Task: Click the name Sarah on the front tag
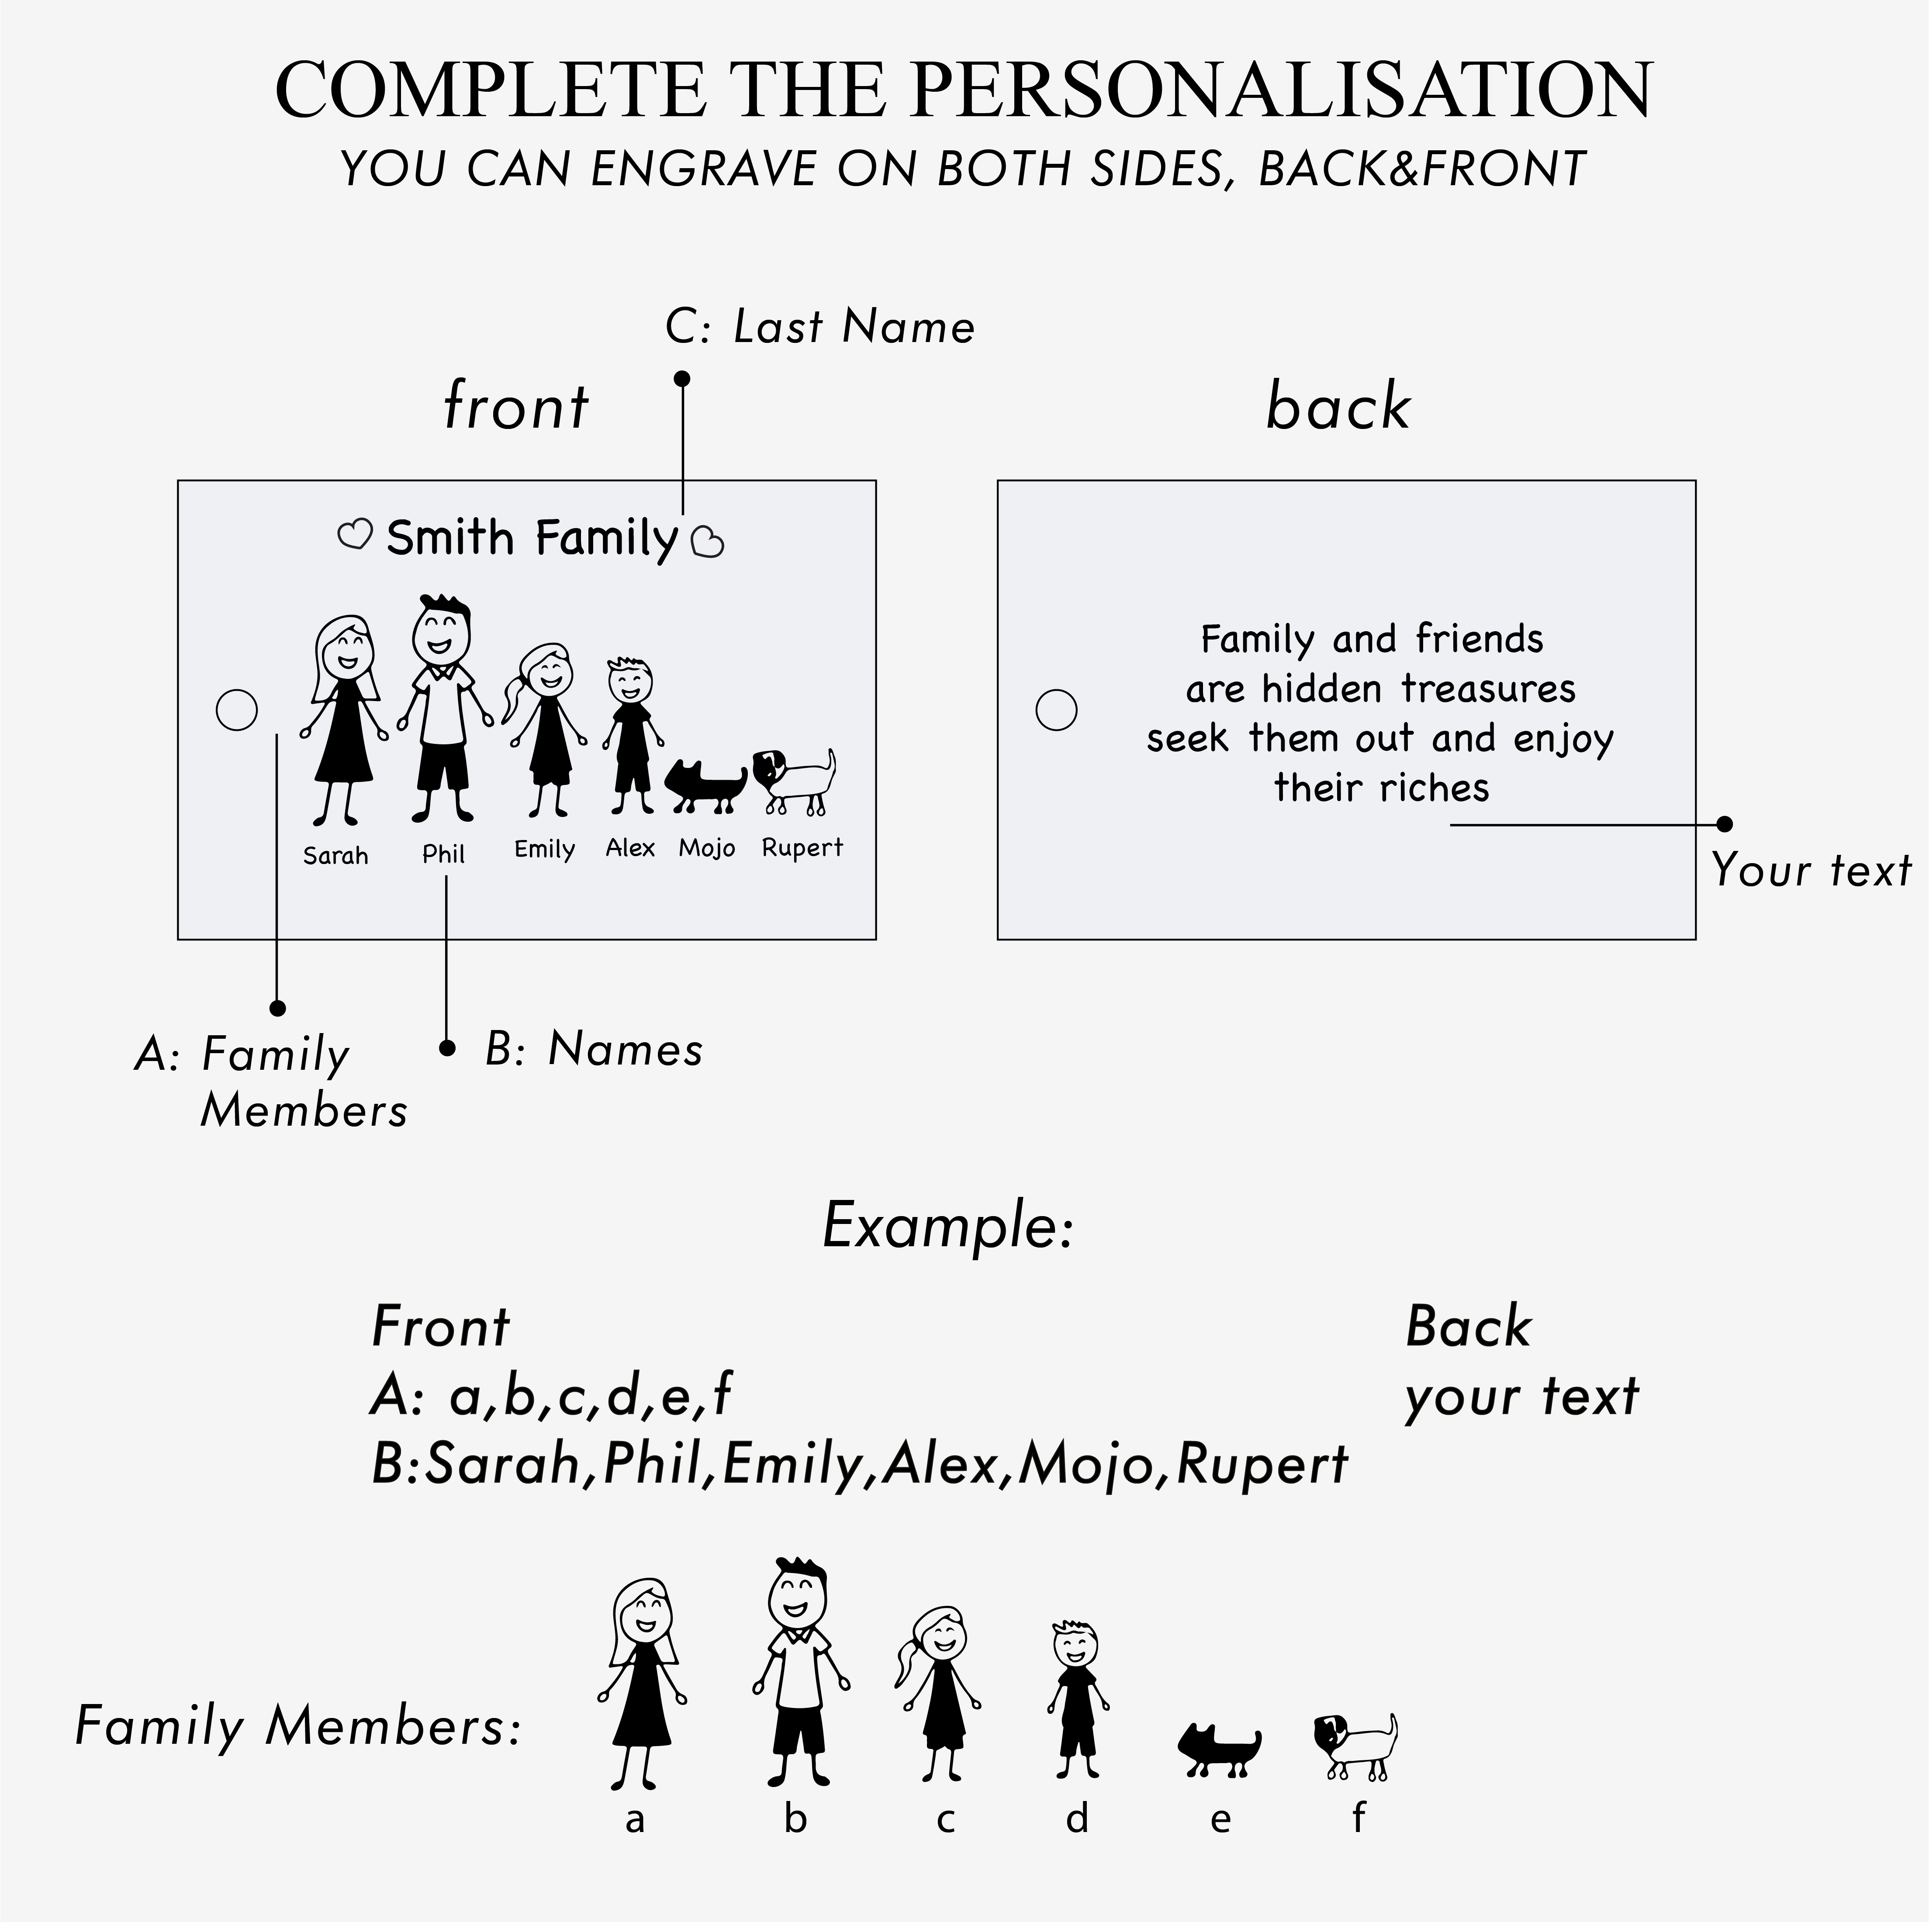click(335, 856)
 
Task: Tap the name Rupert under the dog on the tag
click(802, 848)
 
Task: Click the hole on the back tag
click(1056, 710)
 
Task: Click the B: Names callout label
click(594, 1049)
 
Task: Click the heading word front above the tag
click(516, 406)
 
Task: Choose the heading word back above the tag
click(1338, 406)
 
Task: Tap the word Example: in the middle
click(947, 1226)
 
